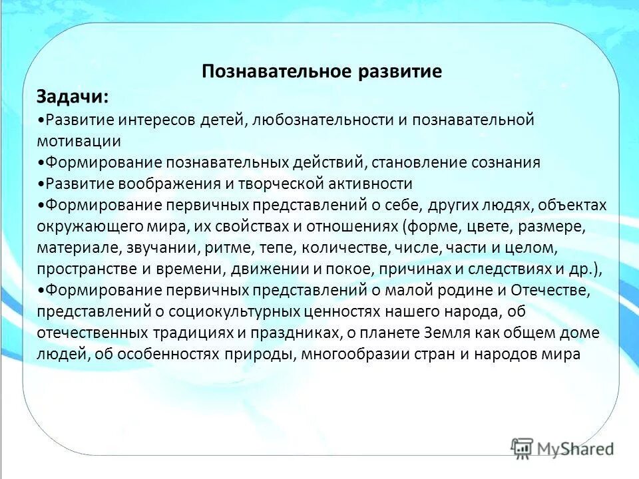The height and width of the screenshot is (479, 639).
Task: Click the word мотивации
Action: [x=79, y=141]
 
